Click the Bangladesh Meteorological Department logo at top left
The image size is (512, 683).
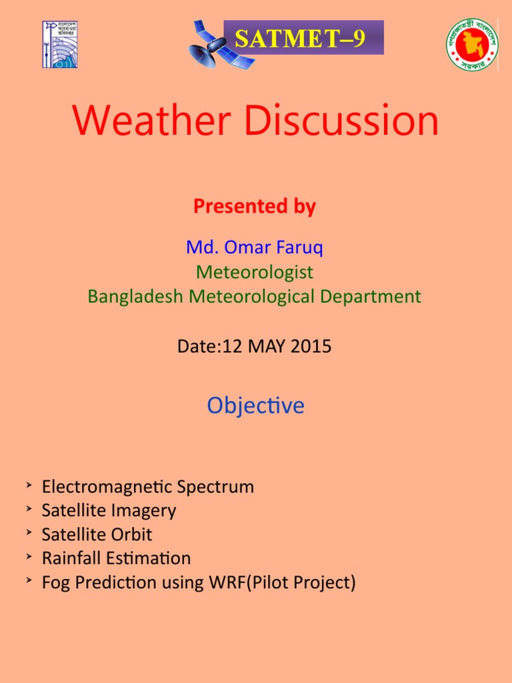[59, 44]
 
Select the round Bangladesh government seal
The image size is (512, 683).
[472, 44]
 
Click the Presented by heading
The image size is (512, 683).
[255, 207]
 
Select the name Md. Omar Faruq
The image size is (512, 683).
[255, 248]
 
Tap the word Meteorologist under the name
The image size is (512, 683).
[255, 272]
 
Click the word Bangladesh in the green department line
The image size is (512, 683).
[136, 296]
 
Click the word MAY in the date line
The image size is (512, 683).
[265, 346]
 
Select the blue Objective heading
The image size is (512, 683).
[255, 406]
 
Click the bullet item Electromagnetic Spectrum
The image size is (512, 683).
[147, 486]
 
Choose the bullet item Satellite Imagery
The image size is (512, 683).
[109, 510]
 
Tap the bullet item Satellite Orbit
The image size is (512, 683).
[97, 534]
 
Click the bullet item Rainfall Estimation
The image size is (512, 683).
[116, 558]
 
